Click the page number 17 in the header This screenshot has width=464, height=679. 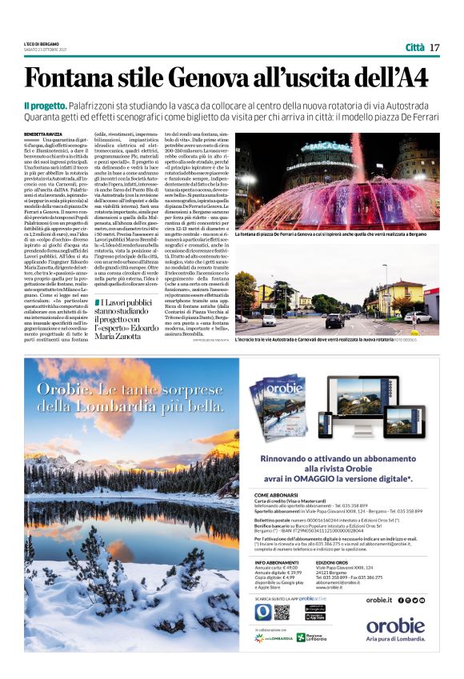pyautogui.click(x=434, y=47)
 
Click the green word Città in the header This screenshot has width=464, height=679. pyautogui.click(x=414, y=47)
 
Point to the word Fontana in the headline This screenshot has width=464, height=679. pyautogui.click(x=68, y=78)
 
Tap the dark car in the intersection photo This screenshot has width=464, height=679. pyautogui.click(x=334, y=320)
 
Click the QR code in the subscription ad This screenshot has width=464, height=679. pyautogui.click(x=281, y=612)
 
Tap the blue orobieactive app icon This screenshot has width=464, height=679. pyautogui.click(x=262, y=612)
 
